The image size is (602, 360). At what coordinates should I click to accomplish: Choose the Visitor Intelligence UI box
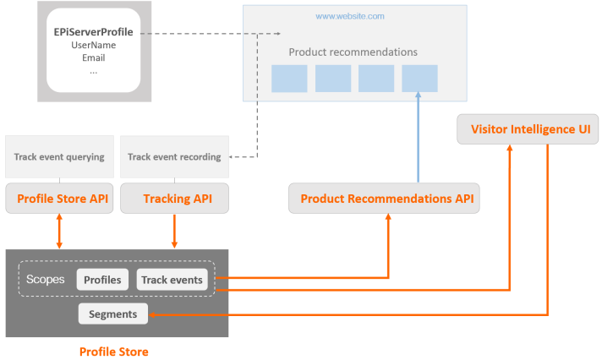tap(528, 129)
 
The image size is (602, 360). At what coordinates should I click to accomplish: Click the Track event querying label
tap(59, 156)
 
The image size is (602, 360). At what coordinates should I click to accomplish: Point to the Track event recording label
tap(174, 156)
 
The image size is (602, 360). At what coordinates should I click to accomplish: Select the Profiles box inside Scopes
tap(102, 280)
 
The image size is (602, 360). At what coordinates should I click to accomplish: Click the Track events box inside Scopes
tap(172, 280)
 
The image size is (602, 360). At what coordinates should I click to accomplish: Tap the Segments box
tap(113, 314)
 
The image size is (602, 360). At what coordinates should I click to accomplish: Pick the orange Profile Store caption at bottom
tap(113, 351)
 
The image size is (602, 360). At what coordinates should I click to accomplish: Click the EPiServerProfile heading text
tap(93, 32)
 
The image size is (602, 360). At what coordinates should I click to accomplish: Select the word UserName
tap(93, 45)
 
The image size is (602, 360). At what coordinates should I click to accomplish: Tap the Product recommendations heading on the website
tap(353, 52)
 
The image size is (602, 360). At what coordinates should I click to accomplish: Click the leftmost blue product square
tap(288, 78)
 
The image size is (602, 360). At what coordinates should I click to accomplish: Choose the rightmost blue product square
tap(419, 78)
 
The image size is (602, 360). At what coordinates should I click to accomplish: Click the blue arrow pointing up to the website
tap(419, 135)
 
